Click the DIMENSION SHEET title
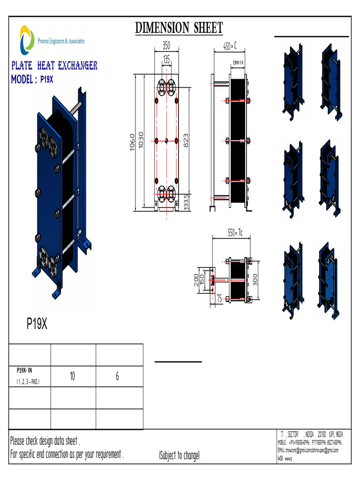tap(179, 28)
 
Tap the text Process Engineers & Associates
tap(61, 42)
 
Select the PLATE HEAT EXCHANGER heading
tap(54, 66)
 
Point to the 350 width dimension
tap(166, 46)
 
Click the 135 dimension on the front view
tap(166, 59)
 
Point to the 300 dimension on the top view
tap(255, 280)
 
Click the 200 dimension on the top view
tap(196, 280)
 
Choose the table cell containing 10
tap(73, 376)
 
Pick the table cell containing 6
tap(117, 376)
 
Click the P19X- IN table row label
tap(24, 370)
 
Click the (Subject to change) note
tap(179, 455)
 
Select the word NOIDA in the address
tap(310, 435)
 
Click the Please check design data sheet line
tap(45, 441)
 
